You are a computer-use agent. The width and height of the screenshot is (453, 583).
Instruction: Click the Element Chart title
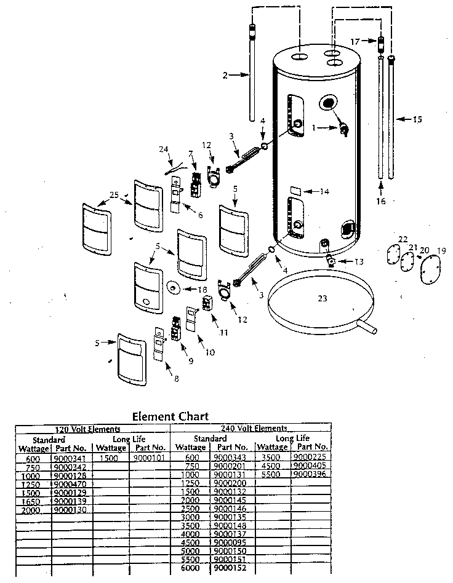coord(170,416)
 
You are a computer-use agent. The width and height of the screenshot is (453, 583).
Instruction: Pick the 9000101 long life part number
coord(148,458)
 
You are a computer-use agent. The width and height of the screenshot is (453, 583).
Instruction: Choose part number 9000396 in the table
coord(310,474)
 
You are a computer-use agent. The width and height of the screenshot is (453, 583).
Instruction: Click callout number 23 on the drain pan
coord(322,298)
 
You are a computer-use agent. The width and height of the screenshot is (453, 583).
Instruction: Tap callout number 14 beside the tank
coord(324,192)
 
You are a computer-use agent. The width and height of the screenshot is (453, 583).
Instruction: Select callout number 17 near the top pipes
coord(354,41)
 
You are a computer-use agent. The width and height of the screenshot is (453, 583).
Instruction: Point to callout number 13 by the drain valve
coord(358,261)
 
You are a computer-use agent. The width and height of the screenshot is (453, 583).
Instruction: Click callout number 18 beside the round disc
coord(202,290)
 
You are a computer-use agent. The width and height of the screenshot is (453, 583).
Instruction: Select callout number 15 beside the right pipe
coord(417,119)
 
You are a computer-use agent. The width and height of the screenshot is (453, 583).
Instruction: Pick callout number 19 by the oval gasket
coord(441,251)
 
